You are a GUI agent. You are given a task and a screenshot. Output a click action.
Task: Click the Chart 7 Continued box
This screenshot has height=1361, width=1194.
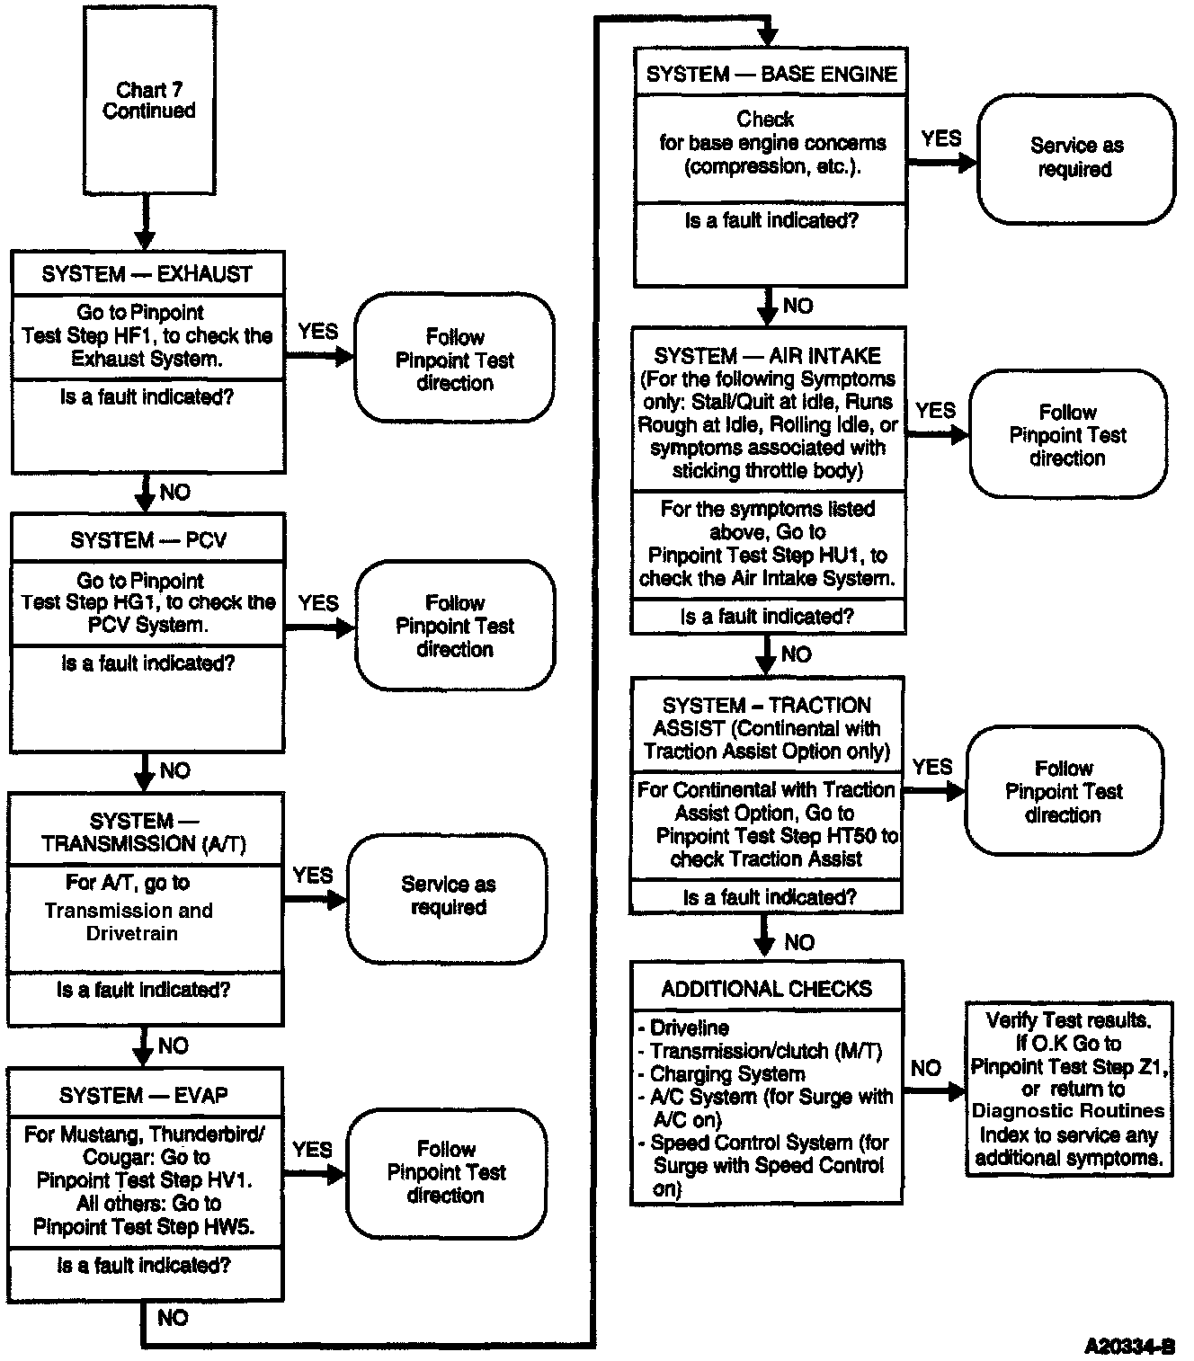[x=149, y=100]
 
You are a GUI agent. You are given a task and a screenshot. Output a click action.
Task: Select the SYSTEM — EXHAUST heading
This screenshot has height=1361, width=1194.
[x=147, y=274]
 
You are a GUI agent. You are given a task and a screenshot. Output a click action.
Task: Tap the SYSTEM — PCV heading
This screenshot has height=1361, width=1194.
[x=148, y=540]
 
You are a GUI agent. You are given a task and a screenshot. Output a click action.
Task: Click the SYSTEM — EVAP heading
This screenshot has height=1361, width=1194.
[x=144, y=1095]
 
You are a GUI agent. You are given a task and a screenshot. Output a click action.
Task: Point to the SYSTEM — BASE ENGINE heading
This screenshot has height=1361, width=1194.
[x=771, y=74]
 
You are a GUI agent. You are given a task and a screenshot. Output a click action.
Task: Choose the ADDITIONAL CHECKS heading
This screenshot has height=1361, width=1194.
[x=767, y=989]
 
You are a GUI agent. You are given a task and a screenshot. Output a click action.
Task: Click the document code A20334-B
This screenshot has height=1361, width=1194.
[x=1129, y=1346]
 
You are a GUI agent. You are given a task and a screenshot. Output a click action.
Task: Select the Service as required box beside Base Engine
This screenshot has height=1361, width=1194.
[x=1076, y=158]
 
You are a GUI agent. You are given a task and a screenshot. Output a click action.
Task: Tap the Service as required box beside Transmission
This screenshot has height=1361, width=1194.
[x=448, y=896]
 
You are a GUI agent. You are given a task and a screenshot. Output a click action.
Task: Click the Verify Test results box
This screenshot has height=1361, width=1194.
[x=1069, y=1089]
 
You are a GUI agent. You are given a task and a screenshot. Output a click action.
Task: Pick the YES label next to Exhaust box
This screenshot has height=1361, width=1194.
[x=318, y=332]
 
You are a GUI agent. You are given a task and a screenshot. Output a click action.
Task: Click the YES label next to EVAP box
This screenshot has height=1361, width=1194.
[x=312, y=1150]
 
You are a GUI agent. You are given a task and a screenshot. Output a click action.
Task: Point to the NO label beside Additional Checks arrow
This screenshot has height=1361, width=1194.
[x=925, y=1068]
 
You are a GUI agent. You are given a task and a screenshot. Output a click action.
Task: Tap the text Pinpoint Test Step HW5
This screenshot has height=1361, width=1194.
[x=144, y=1226]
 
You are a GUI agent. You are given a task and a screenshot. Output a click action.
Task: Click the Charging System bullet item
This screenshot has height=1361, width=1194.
[x=726, y=1073]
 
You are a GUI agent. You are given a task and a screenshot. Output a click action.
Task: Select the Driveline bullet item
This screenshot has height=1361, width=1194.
[x=689, y=1027]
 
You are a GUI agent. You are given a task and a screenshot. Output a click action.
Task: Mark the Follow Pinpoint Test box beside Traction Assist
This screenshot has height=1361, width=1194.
[x=1064, y=792]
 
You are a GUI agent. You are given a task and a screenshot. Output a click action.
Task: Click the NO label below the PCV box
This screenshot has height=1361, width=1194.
[x=174, y=770]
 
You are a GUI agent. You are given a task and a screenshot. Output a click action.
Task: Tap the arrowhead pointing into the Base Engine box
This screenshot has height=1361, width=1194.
[x=767, y=37]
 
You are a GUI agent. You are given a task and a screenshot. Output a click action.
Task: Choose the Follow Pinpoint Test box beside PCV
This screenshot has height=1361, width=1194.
[x=455, y=626]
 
